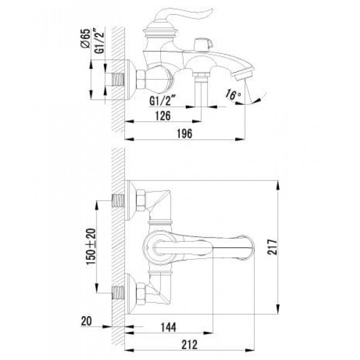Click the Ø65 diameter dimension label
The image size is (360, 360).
tap(85, 38)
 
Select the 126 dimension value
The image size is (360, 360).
tap(163, 116)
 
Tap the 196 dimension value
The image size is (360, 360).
tap(184, 134)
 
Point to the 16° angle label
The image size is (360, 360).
tap(232, 95)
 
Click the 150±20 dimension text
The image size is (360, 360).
tap(91, 247)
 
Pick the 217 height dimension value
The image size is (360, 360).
tap(272, 247)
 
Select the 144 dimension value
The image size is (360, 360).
tap(168, 327)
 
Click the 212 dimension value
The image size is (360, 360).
tap(190, 344)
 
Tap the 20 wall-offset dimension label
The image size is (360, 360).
tap(86, 321)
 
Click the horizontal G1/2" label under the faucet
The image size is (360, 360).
tap(163, 100)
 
